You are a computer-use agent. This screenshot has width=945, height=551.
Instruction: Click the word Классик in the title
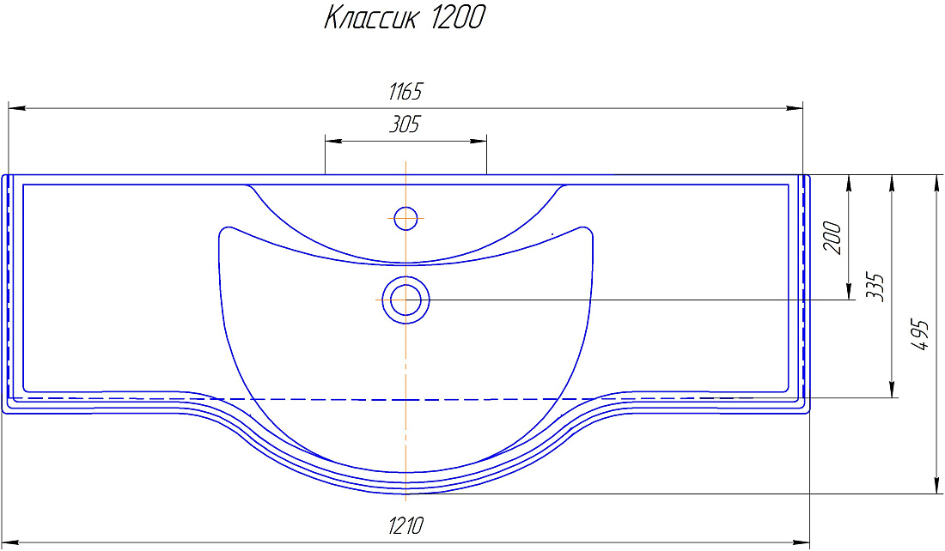pos(369,18)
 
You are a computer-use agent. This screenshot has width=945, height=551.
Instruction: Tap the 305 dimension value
pos(405,125)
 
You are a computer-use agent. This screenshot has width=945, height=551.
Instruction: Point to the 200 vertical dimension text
pos(832,238)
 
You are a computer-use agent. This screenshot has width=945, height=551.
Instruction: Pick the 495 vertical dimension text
pos(919,335)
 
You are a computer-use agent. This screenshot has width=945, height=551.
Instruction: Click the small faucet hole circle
pos(405,218)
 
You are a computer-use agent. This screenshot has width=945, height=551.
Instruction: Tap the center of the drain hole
pos(405,300)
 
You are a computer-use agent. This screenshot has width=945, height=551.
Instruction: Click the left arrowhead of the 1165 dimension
pos(15,109)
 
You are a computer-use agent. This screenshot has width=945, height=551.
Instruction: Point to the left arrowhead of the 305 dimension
pos(332,141)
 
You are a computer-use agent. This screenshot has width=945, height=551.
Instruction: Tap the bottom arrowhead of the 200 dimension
pos(849,294)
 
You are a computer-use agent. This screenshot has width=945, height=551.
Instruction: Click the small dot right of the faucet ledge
pos(552,234)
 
